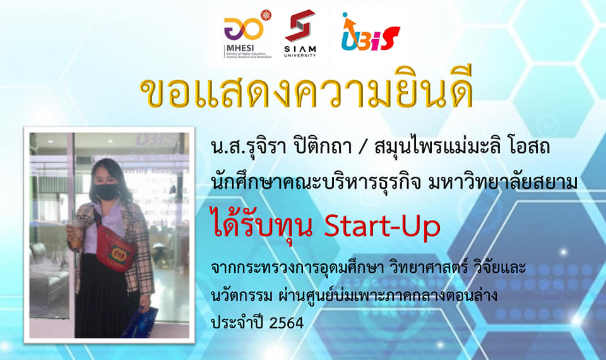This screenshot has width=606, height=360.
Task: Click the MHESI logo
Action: tap(247, 34)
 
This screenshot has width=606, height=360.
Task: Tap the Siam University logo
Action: tap(300, 33)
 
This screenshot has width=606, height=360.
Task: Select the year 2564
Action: tap(287, 323)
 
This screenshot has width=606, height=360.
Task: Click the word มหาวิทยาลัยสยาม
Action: tap(503, 181)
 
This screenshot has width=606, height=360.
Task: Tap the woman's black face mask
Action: tap(106, 191)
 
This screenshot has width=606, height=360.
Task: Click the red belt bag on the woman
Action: tap(115, 248)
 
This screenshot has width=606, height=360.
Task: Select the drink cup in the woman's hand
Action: tap(75, 235)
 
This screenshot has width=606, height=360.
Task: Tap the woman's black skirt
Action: tap(104, 296)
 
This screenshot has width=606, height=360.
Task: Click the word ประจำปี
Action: tap(237, 322)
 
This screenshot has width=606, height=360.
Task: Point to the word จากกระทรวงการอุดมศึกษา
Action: tap(297, 268)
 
